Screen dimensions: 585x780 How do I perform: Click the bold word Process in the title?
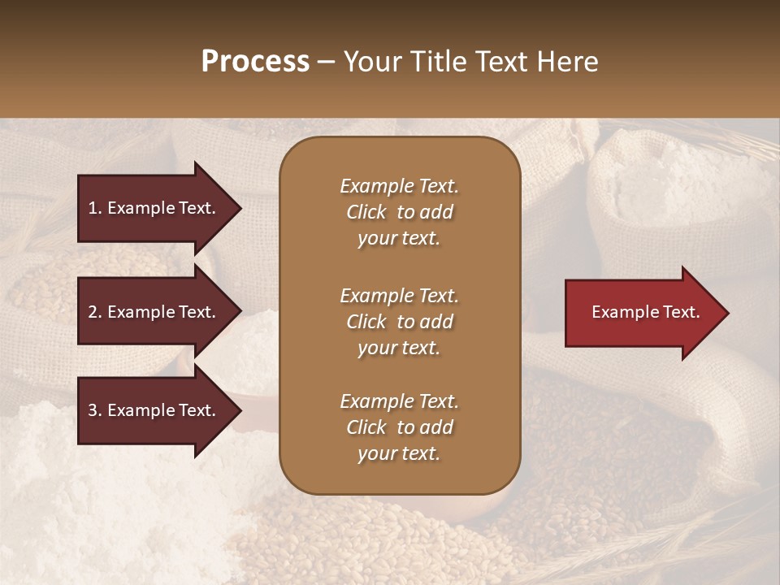[x=255, y=62]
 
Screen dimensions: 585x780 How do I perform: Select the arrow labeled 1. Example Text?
[x=154, y=208]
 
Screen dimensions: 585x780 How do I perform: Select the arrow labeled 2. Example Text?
[x=154, y=312]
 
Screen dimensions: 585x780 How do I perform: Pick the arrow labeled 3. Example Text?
[x=154, y=410]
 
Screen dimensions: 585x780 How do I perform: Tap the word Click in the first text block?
[x=366, y=212]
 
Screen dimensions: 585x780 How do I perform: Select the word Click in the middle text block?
[x=366, y=322]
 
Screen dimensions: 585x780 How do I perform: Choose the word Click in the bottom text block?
[x=366, y=427]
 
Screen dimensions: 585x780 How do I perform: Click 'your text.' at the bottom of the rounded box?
[x=399, y=453]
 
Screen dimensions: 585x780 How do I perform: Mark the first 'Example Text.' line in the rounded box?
[x=399, y=186]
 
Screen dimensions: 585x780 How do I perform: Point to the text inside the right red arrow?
[x=645, y=312]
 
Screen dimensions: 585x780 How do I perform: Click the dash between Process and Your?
[x=326, y=63]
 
